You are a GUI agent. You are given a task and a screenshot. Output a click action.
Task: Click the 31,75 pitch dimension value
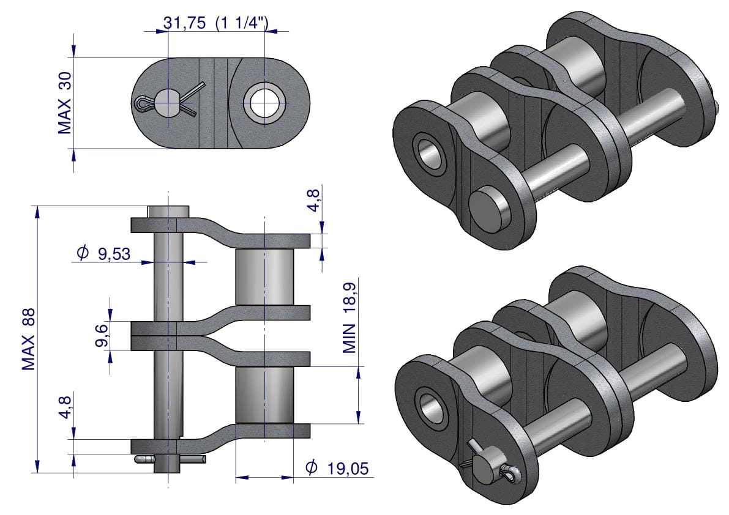coord(184,23)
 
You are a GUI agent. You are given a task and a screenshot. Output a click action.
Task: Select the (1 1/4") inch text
coord(242,23)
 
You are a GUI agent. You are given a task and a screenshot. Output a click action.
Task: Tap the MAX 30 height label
coord(65,103)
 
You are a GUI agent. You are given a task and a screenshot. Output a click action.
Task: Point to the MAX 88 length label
coord(29,339)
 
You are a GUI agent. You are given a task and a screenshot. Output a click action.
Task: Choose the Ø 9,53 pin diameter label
coord(103,253)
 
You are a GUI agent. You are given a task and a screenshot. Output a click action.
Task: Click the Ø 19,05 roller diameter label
coord(337,468)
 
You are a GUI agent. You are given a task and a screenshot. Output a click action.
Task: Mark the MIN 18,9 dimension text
coord(350,317)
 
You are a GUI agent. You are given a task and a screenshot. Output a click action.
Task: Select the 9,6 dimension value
coord(102,335)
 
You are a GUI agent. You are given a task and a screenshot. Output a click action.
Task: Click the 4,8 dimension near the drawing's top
coord(314,201)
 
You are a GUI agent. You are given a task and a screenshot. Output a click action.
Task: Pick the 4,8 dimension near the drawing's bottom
coord(65,407)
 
